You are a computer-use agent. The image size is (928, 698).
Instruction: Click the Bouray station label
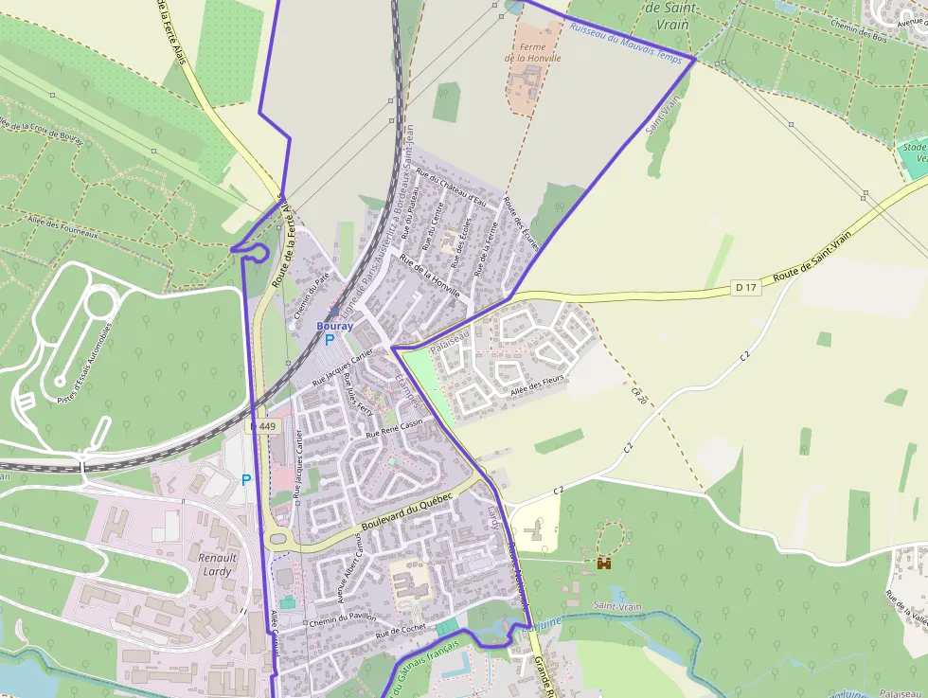coord(334,326)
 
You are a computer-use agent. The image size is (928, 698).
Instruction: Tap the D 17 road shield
coord(746,287)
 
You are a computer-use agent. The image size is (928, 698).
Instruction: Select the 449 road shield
coord(266,427)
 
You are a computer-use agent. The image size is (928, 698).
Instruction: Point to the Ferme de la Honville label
coord(532,52)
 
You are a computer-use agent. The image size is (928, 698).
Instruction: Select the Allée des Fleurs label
coord(537,385)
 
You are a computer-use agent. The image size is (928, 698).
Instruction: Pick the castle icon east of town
coord(603,563)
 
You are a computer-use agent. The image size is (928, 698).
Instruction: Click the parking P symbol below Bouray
coord(330,340)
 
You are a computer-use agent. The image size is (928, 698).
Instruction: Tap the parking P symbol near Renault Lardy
coord(246,480)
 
